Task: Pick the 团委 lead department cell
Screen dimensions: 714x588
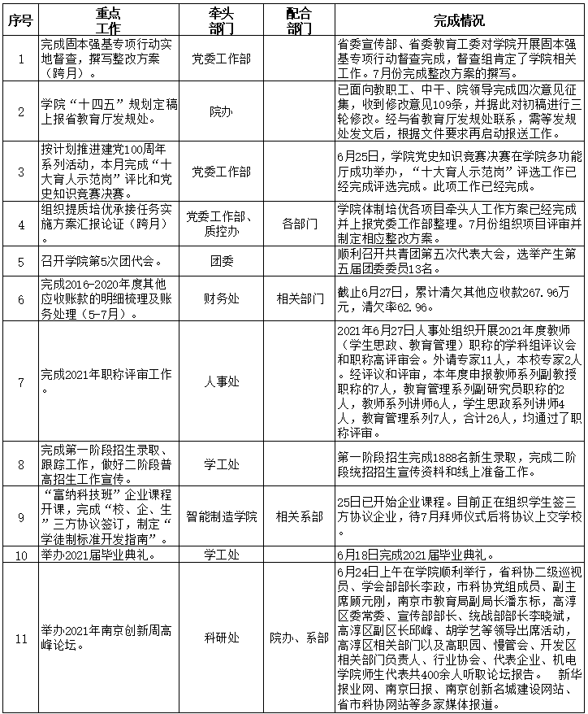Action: coord(220,262)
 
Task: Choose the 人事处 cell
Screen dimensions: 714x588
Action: coord(220,380)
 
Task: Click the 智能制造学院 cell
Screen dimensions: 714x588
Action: coord(220,516)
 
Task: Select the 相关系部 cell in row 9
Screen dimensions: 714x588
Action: coord(299,516)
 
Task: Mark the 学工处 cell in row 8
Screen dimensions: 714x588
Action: coord(220,464)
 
